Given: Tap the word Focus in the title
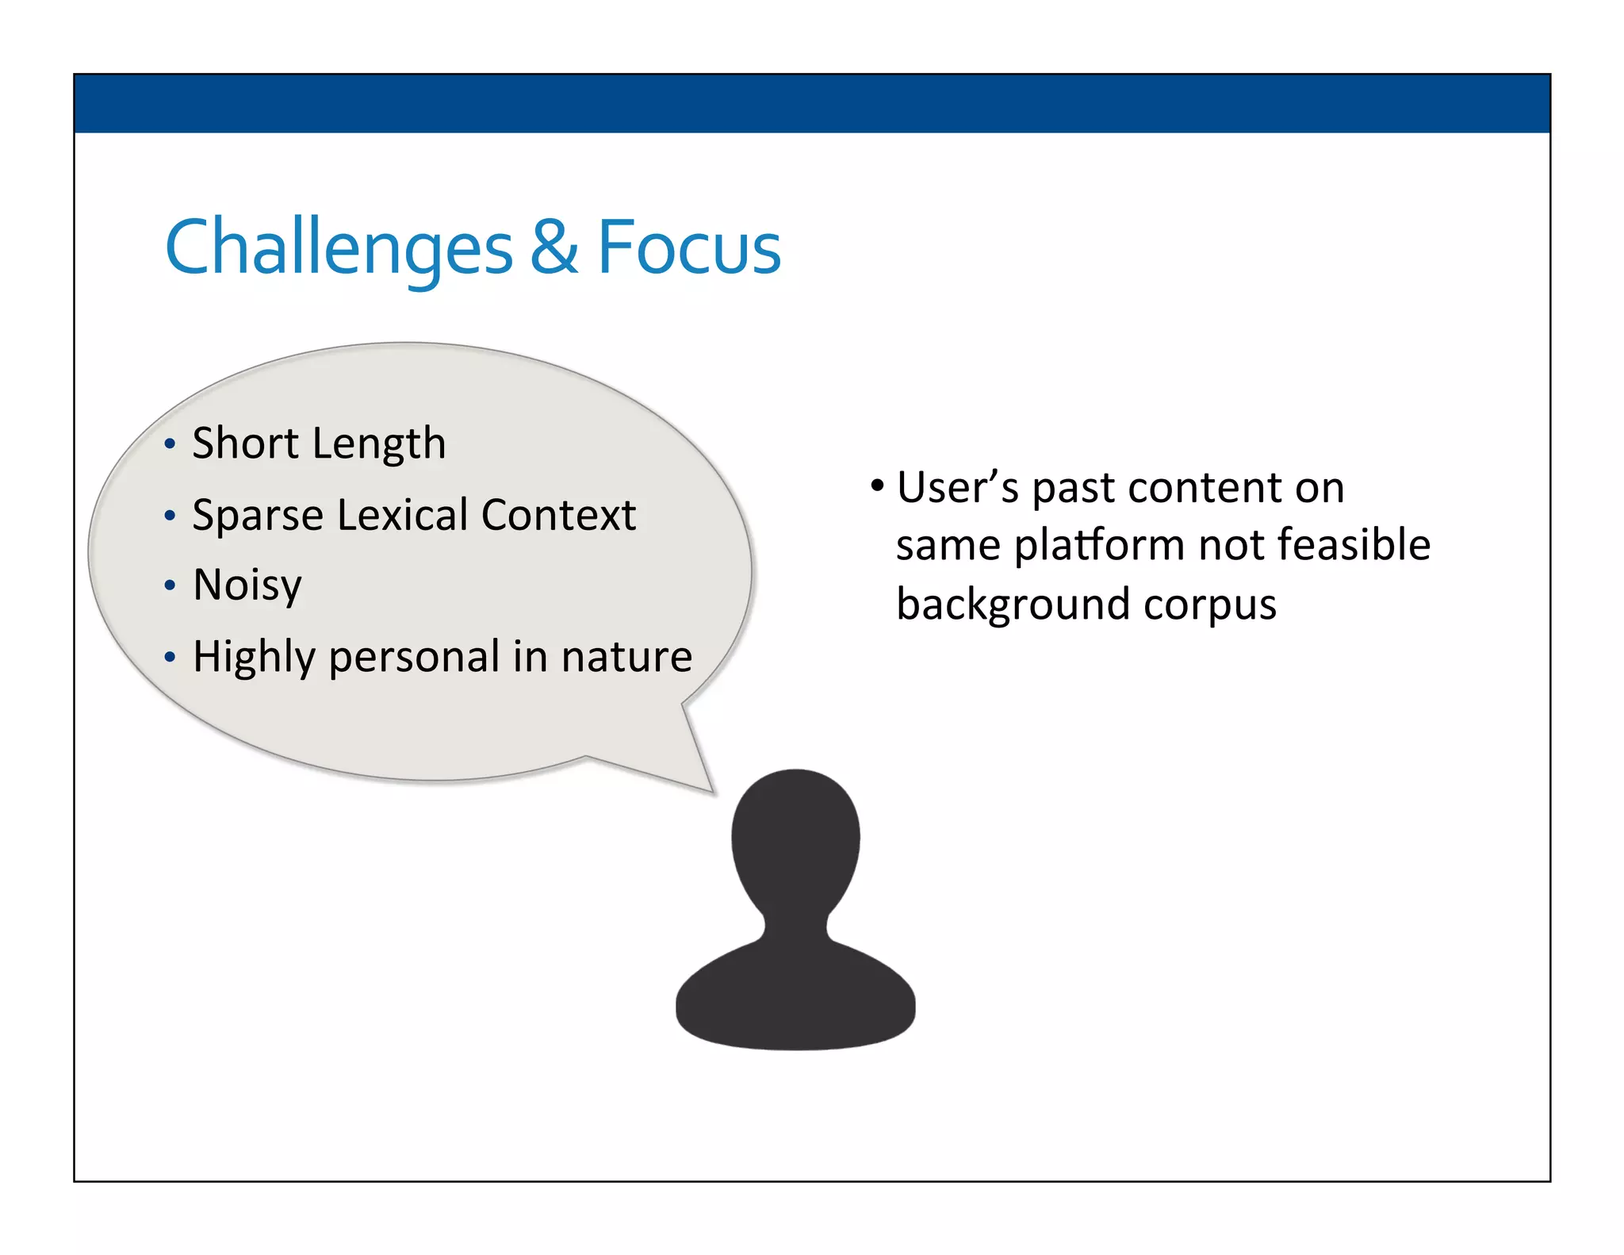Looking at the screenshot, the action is point(688,248).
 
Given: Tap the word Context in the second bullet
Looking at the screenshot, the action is point(558,515).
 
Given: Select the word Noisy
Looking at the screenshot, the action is point(247,586).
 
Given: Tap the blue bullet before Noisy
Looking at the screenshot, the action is point(169,586).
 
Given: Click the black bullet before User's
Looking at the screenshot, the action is point(876,485).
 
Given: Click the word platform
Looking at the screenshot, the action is point(1100,546).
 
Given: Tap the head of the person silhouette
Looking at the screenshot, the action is point(795,837).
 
